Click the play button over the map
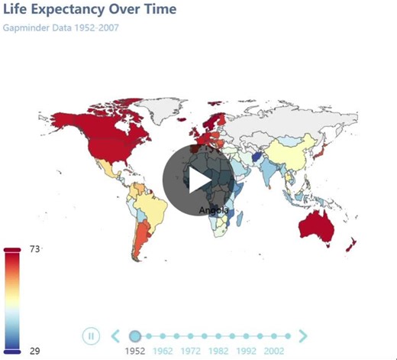point(197,179)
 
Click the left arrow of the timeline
point(115,336)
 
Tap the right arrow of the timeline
point(303,336)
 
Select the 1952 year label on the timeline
point(135,352)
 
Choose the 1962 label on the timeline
point(163,352)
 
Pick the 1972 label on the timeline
point(191,352)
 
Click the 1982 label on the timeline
point(218,352)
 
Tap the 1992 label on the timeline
point(246,352)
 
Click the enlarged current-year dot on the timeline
point(135,336)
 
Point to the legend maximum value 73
point(35,249)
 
